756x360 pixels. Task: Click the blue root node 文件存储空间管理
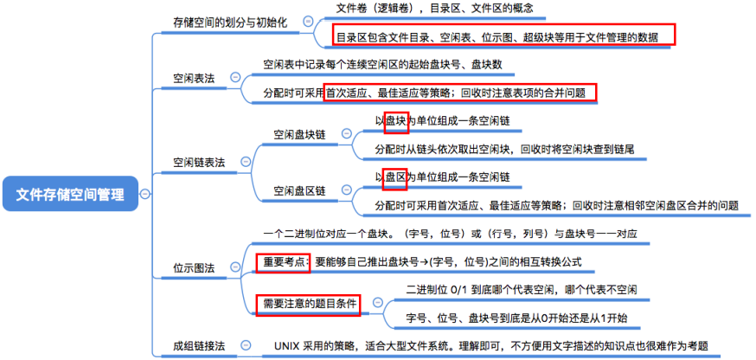[70, 194]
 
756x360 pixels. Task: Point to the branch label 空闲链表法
[199, 162]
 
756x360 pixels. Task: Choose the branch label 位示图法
[195, 267]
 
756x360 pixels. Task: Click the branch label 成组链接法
[199, 345]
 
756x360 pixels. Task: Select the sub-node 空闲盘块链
[299, 134]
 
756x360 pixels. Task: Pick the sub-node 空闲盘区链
[299, 190]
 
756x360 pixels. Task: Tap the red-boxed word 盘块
[396, 121]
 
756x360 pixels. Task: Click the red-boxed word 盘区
[396, 177]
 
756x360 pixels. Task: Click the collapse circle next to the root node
[144, 194]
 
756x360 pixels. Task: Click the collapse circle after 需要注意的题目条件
[377, 303]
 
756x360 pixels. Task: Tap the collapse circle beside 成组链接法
[246, 345]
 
